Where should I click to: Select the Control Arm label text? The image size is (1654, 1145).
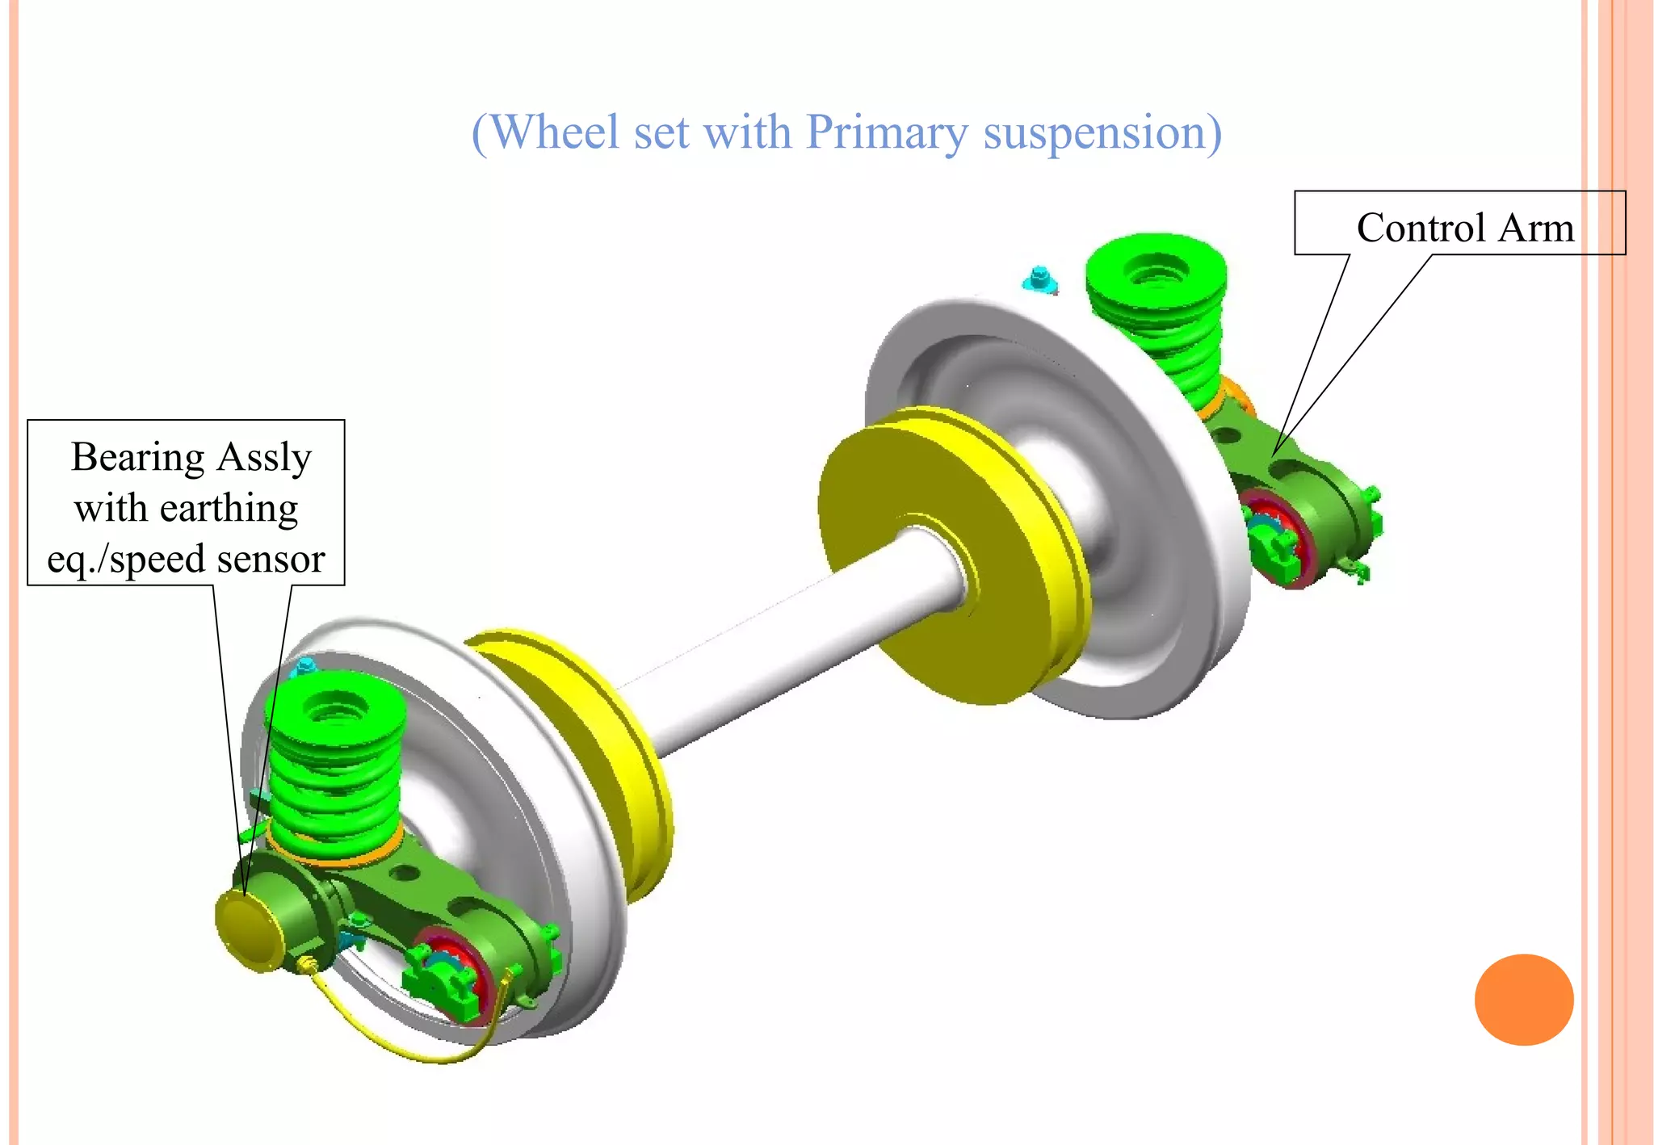(1465, 227)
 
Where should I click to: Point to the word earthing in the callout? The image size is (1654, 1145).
(229, 508)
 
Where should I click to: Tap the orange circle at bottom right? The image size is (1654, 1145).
(1523, 1000)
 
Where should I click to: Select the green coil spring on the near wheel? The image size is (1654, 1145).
(333, 767)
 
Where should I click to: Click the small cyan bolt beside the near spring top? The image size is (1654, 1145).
(304, 667)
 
